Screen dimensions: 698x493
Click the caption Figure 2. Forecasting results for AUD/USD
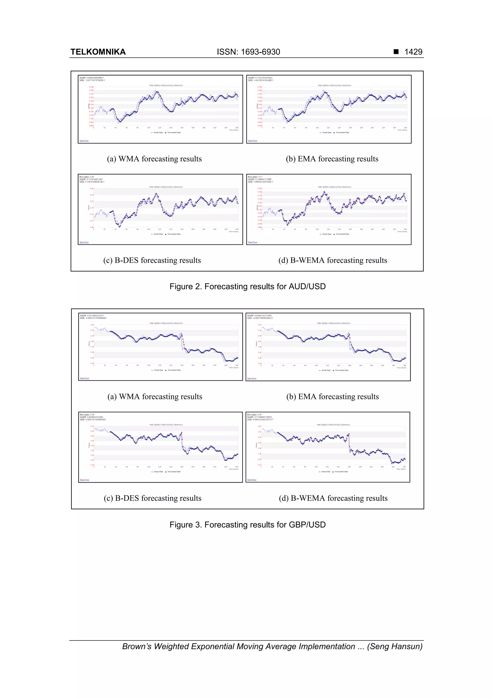click(x=247, y=286)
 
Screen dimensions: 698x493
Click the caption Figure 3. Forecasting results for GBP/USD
click(x=247, y=525)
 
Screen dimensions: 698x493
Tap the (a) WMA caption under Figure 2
click(x=154, y=159)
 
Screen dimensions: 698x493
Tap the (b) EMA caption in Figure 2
click(x=332, y=159)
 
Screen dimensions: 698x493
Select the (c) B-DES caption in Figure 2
click(x=152, y=260)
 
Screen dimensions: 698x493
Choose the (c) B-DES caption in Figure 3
click(x=152, y=498)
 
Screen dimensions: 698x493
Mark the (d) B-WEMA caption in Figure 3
click(x=333, y=498)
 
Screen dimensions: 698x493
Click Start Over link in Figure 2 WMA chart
click(x=84, y=141)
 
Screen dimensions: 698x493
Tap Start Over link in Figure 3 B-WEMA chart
click(x=252, y=480)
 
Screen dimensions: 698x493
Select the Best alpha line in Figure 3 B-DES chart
click(x=87, y=415)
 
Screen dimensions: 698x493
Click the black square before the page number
click(x=396, y=52)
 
